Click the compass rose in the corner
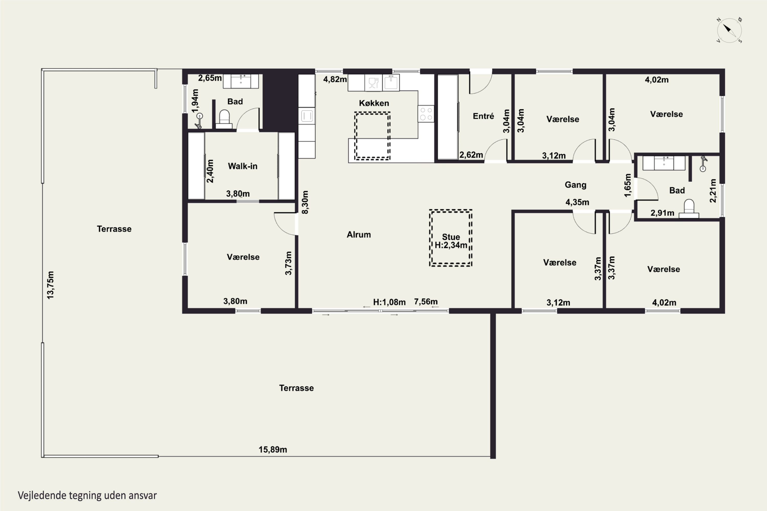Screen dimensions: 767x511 point(729,31)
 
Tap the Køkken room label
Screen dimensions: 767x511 point(374,103)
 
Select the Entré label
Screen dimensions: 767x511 point(483,116)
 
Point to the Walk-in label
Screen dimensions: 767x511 point(243,166)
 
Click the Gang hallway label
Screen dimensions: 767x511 point(576,185)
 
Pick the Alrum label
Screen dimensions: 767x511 point(359,235)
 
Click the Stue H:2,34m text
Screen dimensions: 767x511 point(451,241)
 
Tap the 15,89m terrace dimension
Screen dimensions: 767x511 point(273,450)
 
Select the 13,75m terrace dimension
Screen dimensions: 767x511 point(50,285)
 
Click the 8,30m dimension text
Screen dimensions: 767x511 point(305,202)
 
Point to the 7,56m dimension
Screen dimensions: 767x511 point(426,302)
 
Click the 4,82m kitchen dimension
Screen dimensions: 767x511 point(335,79)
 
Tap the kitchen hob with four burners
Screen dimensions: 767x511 point(426,114)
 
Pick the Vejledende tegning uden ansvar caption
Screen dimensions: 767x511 point(87,496)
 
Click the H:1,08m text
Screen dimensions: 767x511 point(389,302)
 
